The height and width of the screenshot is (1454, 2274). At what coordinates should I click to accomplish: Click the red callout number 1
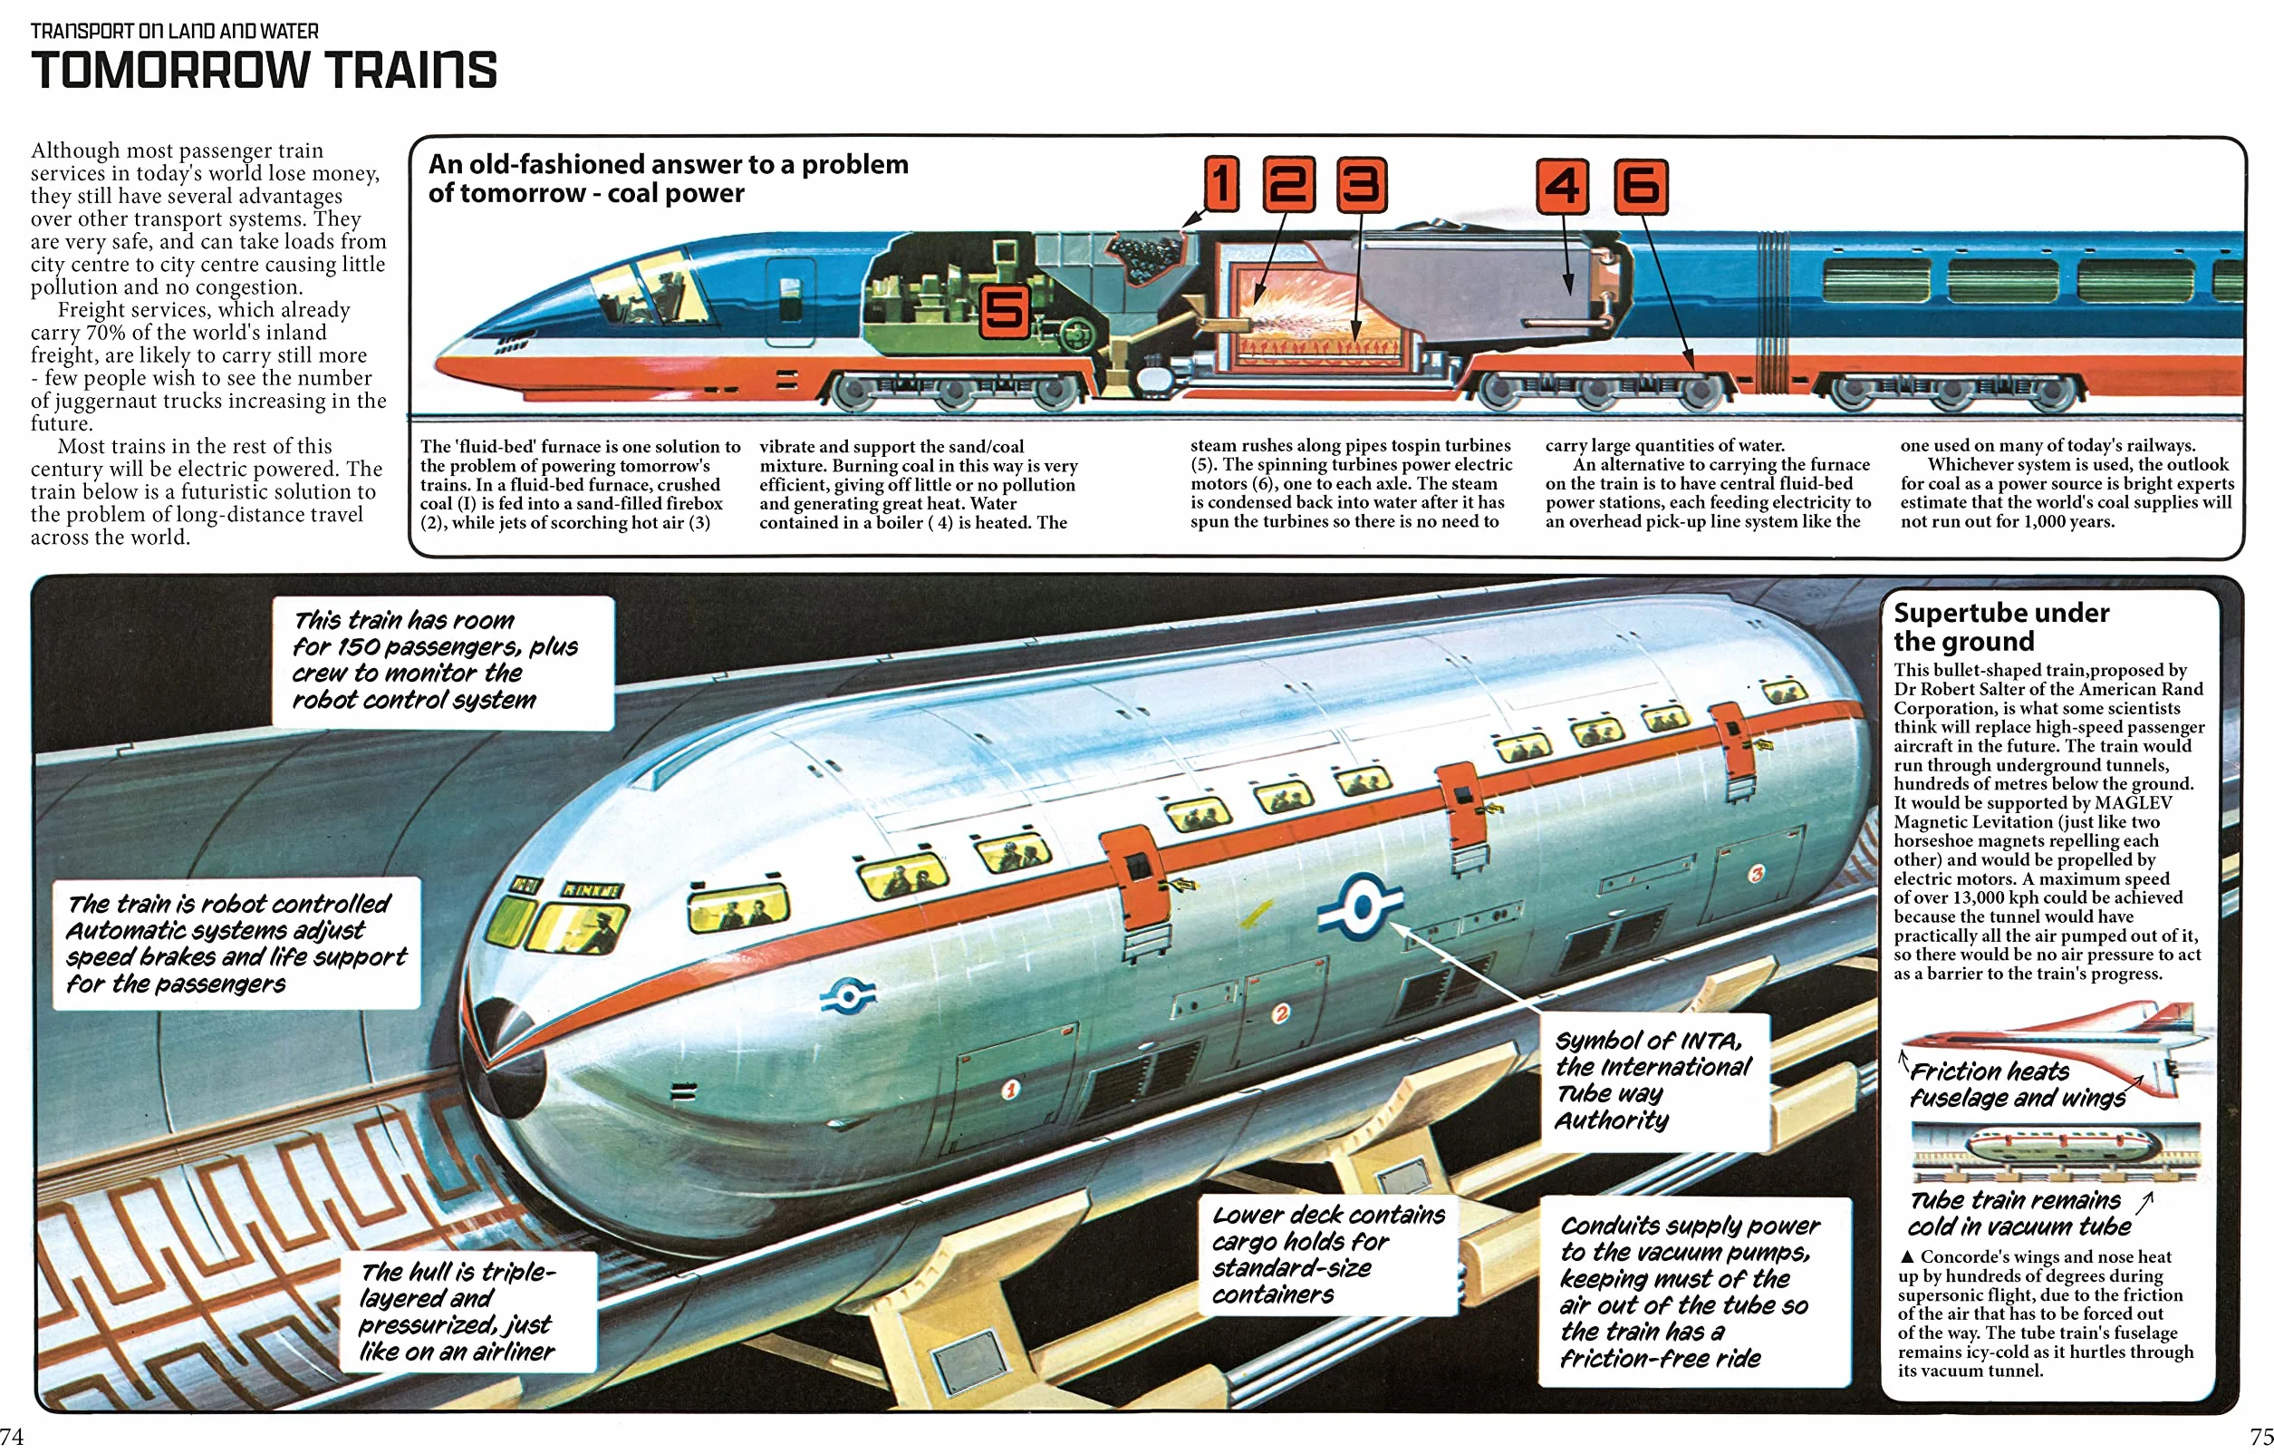point(1221,183)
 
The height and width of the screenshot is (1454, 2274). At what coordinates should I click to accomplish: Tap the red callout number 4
point(1562,185)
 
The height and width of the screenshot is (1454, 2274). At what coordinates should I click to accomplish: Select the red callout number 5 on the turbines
point(1004,312)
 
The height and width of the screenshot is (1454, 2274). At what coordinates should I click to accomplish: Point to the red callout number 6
point(1641,185)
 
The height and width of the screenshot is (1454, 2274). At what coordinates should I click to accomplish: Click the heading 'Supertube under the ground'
point(2000,626)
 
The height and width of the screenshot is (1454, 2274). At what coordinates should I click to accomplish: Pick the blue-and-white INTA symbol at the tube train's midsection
point(1360,907)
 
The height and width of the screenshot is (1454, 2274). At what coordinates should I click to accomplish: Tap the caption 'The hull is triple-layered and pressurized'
point(458,1312)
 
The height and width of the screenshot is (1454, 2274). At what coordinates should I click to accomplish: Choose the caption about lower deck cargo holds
point(1328,1254)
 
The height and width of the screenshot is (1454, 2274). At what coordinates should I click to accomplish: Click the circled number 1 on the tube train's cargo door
point(1009,1090)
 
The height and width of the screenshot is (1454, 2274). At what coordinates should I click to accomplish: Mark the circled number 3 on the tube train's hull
point(1756,873)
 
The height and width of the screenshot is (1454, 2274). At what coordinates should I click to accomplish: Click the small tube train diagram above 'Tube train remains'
point(2055,1150)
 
